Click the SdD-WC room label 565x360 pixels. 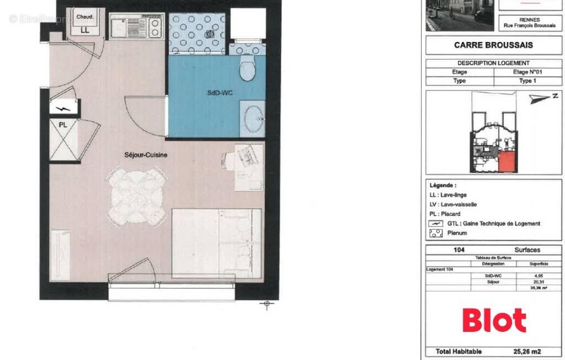click(220, 93)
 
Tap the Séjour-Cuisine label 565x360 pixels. click(146, 155)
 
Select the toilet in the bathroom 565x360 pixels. click(247, 70)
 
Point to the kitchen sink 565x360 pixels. click(120, 26)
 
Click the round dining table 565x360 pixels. click(137, 194)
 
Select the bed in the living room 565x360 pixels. click(216, 243)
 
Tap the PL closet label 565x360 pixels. click(63, 125)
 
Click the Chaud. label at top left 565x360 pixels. click(84, 17)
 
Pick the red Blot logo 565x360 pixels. click(494, 320)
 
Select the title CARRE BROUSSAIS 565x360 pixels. click(493, 45)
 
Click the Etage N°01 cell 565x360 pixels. click(527, 72)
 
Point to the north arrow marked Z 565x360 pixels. click(542, 98)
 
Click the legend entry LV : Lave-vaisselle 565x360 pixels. click(453, 204)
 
